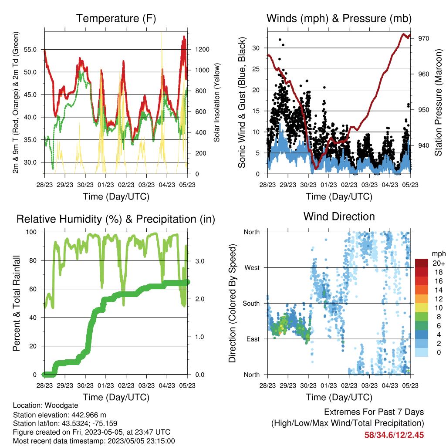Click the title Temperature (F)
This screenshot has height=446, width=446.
point(116,18)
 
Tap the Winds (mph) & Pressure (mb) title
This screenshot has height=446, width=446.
point(339,18)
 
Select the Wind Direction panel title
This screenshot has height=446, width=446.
point(339,216)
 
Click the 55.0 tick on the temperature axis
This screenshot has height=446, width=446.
point(30,50)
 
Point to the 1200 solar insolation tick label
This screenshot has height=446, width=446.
point(202,50)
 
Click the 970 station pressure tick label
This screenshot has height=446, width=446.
point(423,38)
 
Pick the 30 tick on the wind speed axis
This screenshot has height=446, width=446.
point(256,48)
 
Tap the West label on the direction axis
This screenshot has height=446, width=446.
point(252,268)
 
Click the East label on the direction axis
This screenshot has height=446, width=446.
point(253,339)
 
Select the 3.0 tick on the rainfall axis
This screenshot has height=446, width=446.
point(199,261)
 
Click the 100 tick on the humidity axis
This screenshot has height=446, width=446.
point(31,232)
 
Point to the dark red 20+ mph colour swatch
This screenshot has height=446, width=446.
point(422,263)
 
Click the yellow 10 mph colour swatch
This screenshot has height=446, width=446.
point(422,308)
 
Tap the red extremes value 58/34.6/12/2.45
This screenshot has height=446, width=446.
point(394,435)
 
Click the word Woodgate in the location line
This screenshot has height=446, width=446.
point(61,405)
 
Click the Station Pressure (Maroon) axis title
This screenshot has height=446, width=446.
point(438,102)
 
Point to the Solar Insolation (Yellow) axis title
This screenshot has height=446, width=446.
point(217,102)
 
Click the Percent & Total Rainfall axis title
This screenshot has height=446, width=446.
point(17,303)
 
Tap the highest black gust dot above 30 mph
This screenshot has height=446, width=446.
point(280,40)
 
